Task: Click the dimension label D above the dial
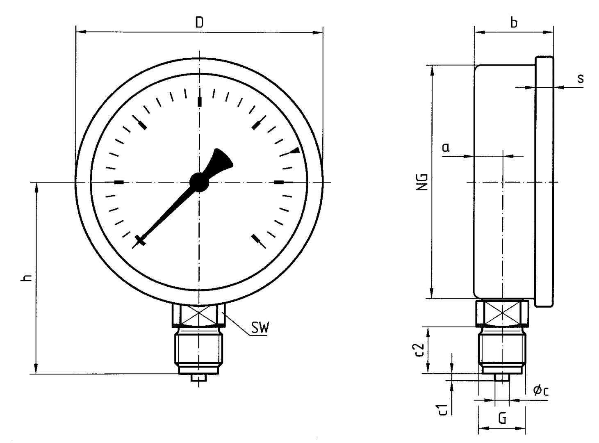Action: tap(199, 22)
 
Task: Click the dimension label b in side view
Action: tap(513, 23)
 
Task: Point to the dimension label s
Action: tap(581, 78)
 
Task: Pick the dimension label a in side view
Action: tap(446, 147)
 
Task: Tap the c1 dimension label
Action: tap(442, 410)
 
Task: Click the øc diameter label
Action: tap(541, 390)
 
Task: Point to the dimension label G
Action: tap(502, 419)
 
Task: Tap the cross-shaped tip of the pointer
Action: tap(140, 240)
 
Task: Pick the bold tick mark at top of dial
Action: tap(200, 102)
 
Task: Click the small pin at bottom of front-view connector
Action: tap(199, 377)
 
